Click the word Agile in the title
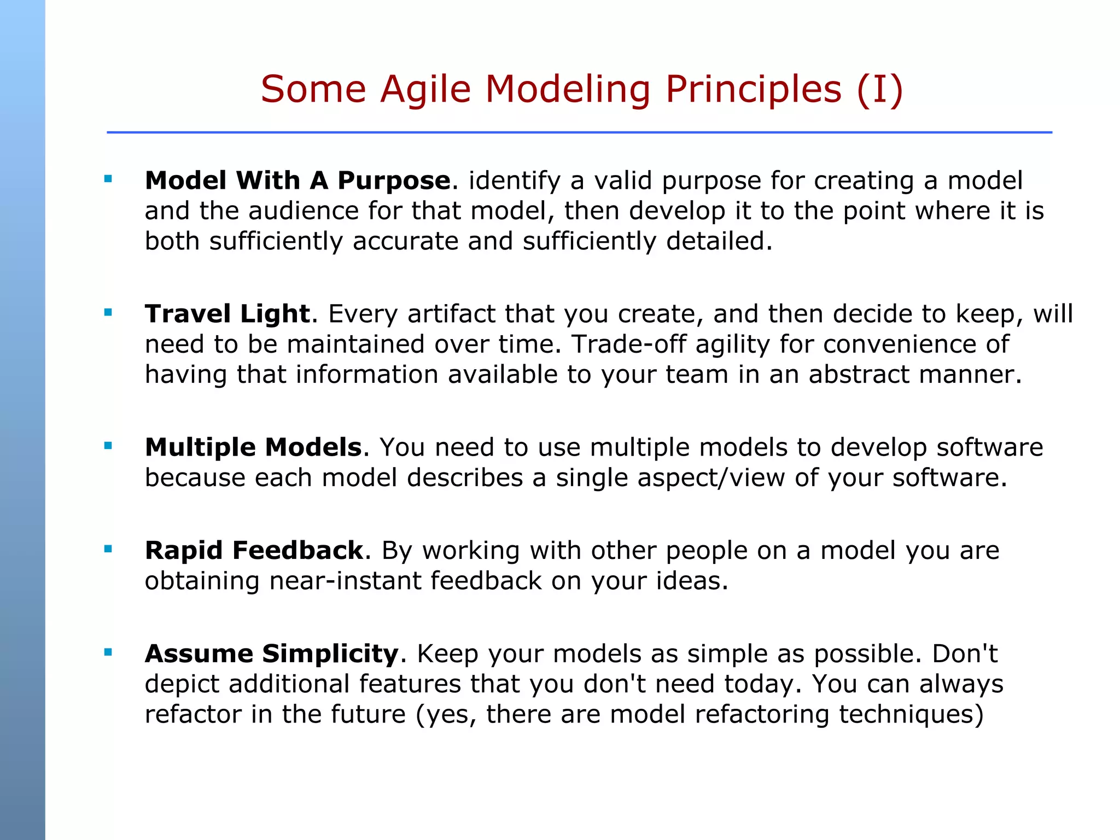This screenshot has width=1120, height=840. tap(425, 89)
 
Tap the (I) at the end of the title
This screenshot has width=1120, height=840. tap(879, 89)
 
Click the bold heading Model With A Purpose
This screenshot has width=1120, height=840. tap(297, 180)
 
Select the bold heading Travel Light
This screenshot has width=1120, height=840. tap(227, 314)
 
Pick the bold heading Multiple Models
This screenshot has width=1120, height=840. tap(253, 447)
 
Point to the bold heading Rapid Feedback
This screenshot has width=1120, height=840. tap(254, 550)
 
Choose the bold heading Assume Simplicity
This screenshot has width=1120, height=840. tap(272, 654)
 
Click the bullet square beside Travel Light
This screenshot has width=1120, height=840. tap(108, 313)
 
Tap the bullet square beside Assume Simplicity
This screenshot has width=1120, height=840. tap(108, 652)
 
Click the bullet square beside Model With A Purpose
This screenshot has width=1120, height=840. tap(108, 178)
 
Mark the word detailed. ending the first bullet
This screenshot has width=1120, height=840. tap(719, 241)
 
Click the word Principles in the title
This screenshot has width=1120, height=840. tap(753, 89)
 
